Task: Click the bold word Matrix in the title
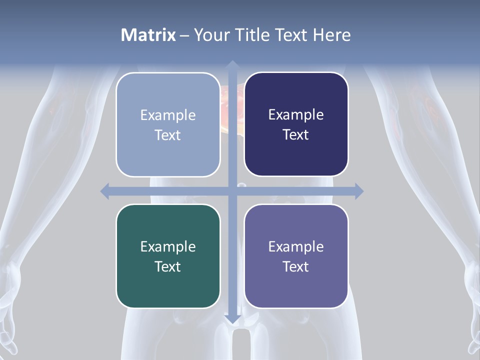click(x=148, y=35)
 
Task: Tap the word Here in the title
click(x=331, y=35)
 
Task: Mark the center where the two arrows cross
click(x=232, y=191)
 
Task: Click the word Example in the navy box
click(x=296, y=115)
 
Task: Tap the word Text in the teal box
click(x=167, y=266)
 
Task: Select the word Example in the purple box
click(x=296, y=246)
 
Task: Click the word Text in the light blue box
click(x=167, y=135)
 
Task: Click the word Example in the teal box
click(x=168, y=246)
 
